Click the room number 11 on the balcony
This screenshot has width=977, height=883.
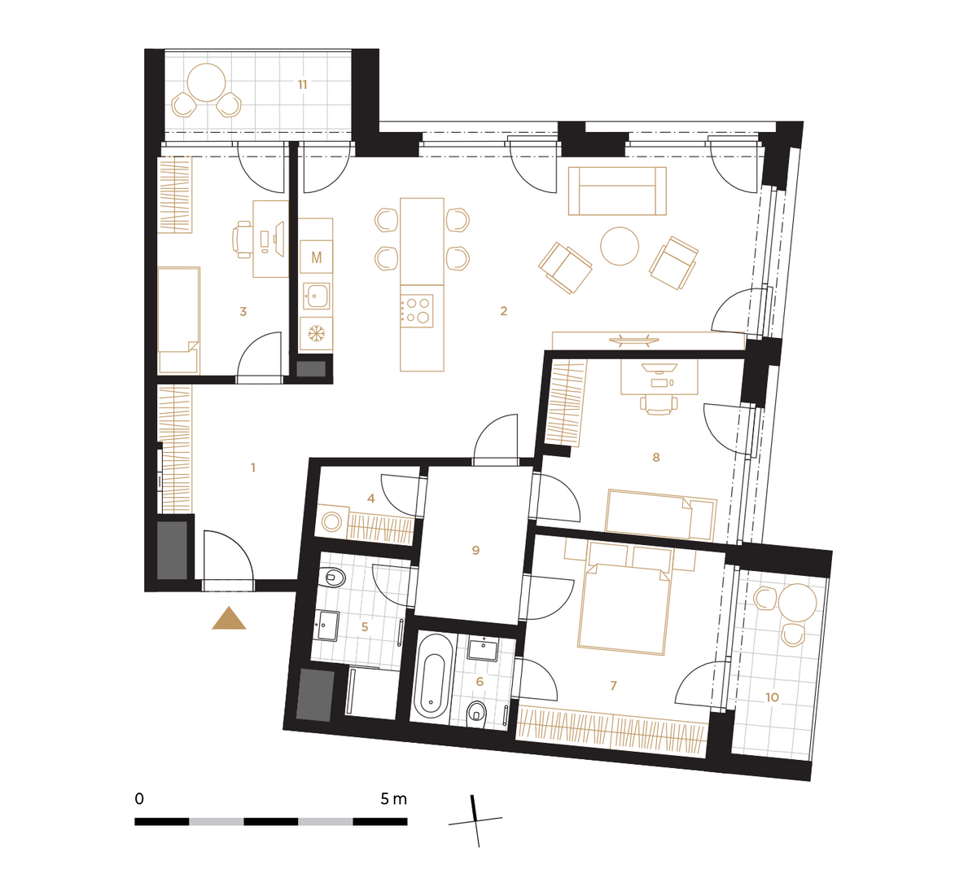tap(302, 85)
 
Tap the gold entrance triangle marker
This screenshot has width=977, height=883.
tap(229, 618)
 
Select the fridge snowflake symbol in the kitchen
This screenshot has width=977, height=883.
tap(317, 334)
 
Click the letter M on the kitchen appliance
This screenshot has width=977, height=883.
tap(317, 257)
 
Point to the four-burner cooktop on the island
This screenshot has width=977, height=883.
tap(416, 311)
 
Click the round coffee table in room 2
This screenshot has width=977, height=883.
tap(619, 246)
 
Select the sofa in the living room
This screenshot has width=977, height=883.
tap(617, 191)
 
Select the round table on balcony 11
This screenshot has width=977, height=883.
tap(207, 83)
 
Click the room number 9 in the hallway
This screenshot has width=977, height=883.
tap(475, 551)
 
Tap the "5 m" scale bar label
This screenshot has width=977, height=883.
tap(393, 800)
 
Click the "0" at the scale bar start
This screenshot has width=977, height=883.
tap(139, 800)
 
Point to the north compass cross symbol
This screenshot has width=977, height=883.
tap(475, 821)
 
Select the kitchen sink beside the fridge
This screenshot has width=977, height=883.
tap(316, 296)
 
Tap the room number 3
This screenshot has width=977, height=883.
tap(243, 311)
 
